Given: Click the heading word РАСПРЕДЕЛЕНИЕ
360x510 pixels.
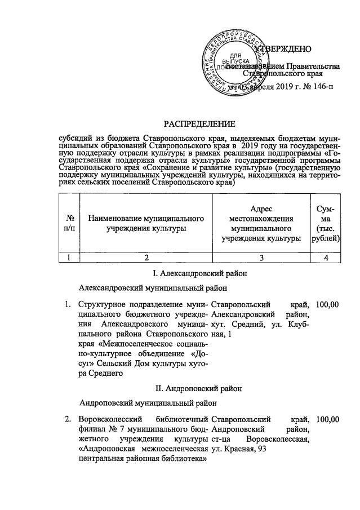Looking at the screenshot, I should click(199, 123).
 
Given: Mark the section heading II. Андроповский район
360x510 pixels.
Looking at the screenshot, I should click(199, 388).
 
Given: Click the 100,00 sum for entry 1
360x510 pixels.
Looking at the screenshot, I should click(328, 305).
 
